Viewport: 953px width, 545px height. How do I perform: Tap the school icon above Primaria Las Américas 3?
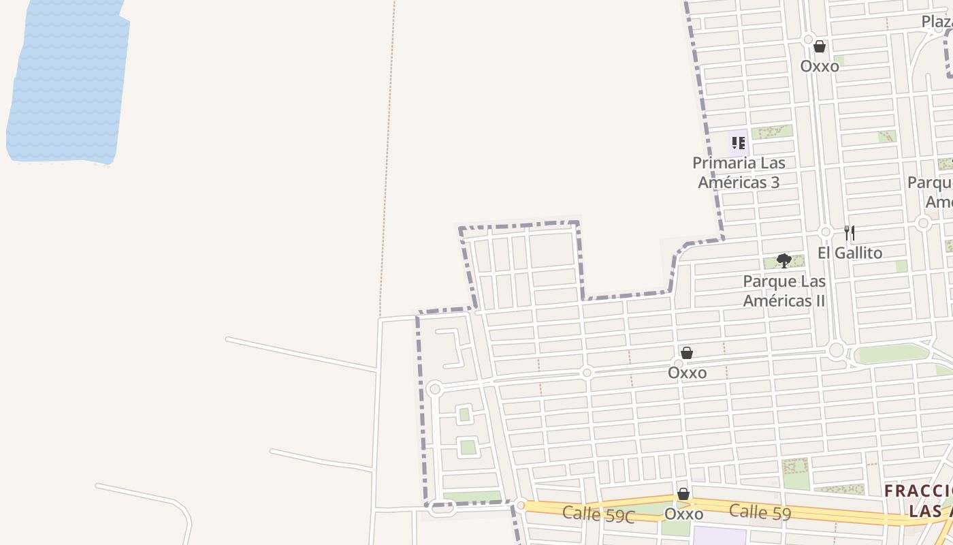pyautogui.click(x=739, y=143)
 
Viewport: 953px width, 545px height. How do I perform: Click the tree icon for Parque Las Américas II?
pyautogui.click(x=784, y=260)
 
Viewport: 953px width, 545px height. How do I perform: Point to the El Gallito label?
pyautogui.click(x=850, y=253)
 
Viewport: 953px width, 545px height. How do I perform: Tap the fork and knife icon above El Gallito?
pyautogui.click(x=849, y=233)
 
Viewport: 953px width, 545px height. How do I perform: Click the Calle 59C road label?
pyautogui.click(x=598, y=514)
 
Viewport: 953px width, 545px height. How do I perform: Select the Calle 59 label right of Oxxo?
pyautogui.click(x=760, y=511)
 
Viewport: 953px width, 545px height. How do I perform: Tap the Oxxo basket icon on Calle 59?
pyautogui.click(x=683, y=494)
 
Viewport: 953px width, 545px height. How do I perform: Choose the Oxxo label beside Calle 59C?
pyautogui.click(x=683, y=514)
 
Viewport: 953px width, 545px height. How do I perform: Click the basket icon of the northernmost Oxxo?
pyautogui.click(x=820, y=46)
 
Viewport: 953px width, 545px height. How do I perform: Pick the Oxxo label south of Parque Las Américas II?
pyautogui.click(x=687, y=373)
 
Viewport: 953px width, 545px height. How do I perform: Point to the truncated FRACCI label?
pyautogui.click(x=918, y=491)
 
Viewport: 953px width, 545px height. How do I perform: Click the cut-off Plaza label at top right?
pyautogui.click(x=937, y=22)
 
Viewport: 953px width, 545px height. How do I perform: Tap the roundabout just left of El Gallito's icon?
pyautogui.click(x=826, y=232)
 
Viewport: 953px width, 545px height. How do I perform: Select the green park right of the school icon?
pyautogui.click(x=772, y=132)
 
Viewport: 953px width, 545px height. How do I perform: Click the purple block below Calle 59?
pyautogui.click(x=719, y=535)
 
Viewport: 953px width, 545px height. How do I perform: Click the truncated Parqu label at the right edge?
pyautogui.click(x=930, y=183)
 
